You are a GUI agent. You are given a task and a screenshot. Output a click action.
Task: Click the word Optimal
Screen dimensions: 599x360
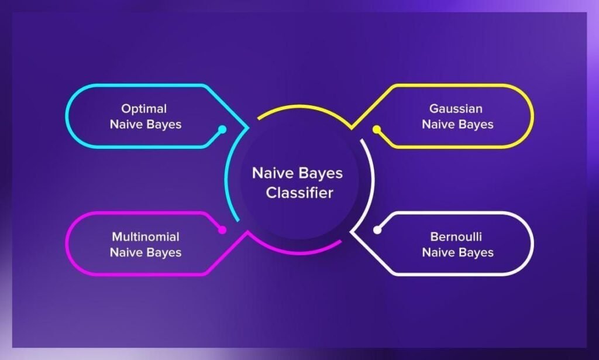144,109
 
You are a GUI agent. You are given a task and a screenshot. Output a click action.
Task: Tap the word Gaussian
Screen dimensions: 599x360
456,108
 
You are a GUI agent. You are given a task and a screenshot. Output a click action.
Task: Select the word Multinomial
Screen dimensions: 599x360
146,236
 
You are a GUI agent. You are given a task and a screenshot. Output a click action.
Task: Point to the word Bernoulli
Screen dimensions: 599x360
456,236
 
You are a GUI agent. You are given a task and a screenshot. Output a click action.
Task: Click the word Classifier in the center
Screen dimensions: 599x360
299,193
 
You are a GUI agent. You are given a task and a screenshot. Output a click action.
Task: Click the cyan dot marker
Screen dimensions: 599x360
222,129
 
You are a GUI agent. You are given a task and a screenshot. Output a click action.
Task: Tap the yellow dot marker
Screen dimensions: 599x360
377,129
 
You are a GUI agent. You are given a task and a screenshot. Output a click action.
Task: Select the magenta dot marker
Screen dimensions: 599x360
222,229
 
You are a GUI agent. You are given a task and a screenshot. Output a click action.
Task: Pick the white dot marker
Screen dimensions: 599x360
377,229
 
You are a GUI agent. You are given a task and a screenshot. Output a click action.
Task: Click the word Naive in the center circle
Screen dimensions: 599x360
269,173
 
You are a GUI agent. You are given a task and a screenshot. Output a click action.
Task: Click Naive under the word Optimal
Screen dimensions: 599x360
126,124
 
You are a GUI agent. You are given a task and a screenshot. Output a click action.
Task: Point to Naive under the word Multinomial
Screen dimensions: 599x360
126,252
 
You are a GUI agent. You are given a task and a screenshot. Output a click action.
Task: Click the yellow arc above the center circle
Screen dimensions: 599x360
302,107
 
